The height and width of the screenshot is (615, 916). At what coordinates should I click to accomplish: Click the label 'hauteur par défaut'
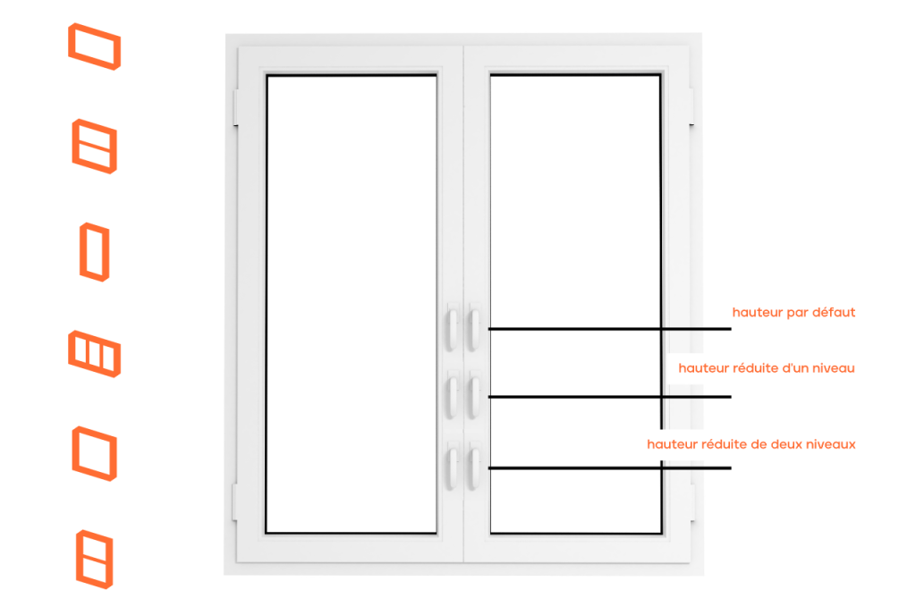pyautogui.click(x=793, y=313)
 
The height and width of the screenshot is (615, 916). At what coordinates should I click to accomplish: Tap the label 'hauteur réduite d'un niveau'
pyautogui.click(x=767, y=368)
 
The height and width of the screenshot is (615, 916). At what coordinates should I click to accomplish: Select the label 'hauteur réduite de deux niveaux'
pyautogui.click(x=751, y=444)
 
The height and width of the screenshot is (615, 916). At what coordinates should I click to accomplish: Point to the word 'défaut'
pyautogui.click(x=834, y=312)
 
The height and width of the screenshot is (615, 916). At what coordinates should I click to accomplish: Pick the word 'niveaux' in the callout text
pyautogui.click(x=831, y=444)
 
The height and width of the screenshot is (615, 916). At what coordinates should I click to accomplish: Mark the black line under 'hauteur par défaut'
pyautogui.click(x=610, y=329)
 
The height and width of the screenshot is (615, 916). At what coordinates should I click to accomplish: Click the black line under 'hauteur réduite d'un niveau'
pyautogui.click(x=610, y=397)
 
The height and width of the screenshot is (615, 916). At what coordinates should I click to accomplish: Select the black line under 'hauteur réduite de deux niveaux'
pyautogui.click(x=610, y=468)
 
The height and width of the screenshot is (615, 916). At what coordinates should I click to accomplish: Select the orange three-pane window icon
pyautogui.click(x=94, y=354)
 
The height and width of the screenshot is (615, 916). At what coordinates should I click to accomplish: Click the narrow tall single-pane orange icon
pyautogui.click(x=95, y=252)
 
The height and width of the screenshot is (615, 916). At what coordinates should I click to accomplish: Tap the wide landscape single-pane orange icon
pyautogui.click(x=95, y=46)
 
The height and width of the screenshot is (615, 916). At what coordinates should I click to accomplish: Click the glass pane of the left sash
pyautogui.click(x=352, y=304)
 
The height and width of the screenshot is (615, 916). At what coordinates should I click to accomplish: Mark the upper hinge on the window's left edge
pyautogui.click(x=236, y=107)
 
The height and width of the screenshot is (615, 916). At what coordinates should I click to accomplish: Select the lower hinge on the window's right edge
pyautogui.click(x=691, y=501)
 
